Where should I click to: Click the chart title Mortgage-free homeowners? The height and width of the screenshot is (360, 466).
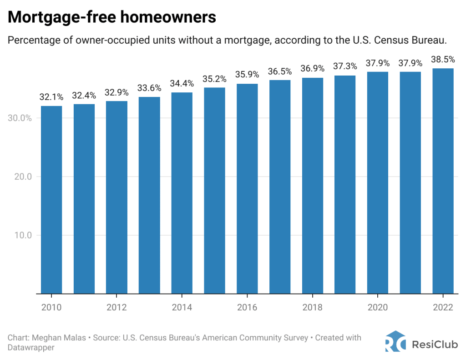click(112, 17)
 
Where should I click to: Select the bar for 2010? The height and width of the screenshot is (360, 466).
click(51, 200)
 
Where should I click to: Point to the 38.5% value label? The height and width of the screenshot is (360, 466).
click(443, 59)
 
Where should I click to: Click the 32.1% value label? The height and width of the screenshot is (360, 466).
click(51, 97)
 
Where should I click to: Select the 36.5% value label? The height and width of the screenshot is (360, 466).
click(279, 71)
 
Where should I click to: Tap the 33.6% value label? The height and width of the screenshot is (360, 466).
click(149, 88)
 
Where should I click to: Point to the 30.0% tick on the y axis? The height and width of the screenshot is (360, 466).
click(20, 118)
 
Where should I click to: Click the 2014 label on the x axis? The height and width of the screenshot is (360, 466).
click(182, 308)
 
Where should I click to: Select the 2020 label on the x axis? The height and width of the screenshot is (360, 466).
click(377, 308)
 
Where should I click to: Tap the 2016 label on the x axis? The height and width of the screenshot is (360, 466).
click(247, 308)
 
